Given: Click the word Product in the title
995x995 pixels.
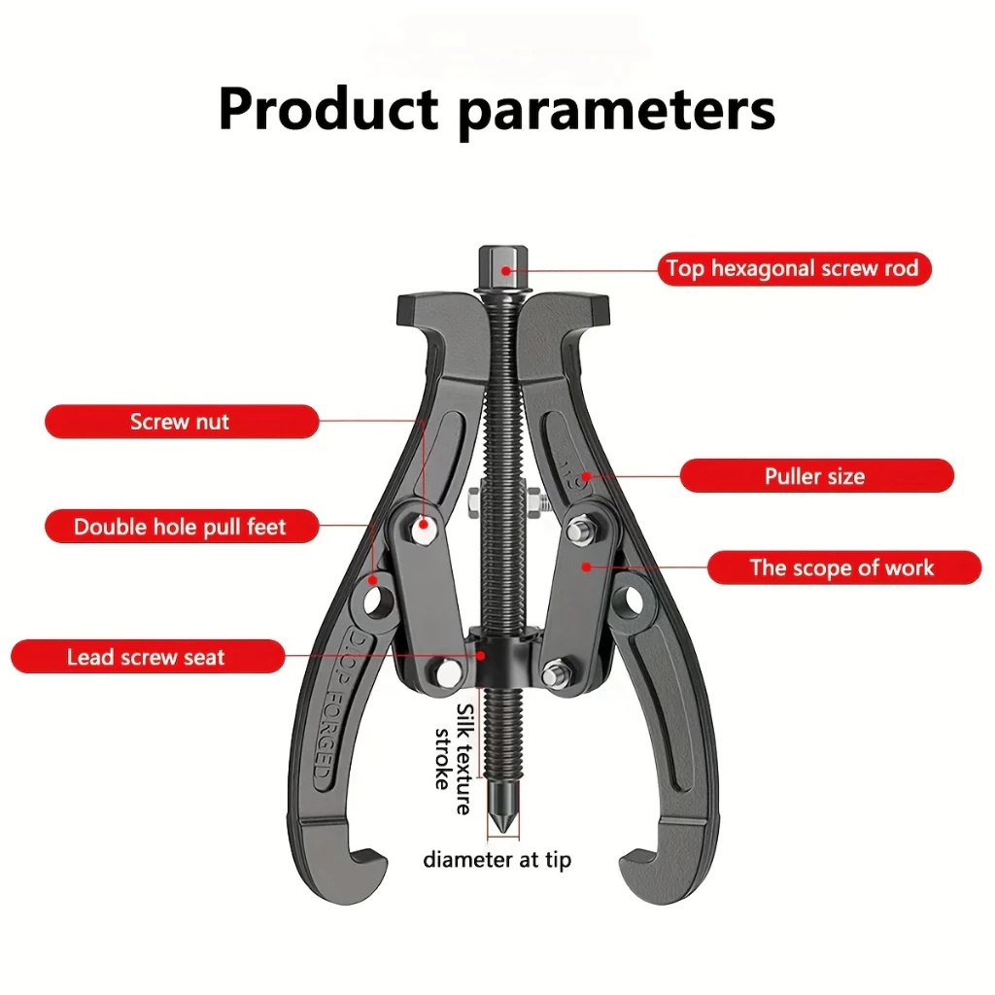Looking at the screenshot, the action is pos(328,109).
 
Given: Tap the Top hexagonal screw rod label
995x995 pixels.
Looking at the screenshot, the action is pos(792,268).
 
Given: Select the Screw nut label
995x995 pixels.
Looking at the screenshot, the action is pos(181,422).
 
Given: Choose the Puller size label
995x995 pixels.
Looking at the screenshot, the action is pos(815,476).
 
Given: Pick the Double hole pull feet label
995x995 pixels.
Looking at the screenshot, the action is pos(181,528).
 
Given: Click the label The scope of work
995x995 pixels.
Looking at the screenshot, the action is pos(841,567).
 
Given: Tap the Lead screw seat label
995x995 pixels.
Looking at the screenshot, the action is pos(147,657).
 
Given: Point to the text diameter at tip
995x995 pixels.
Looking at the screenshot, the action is pos(497,860).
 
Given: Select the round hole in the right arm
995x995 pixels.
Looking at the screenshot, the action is pos(635,597).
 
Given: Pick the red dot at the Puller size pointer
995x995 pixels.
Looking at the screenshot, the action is pos(585,477).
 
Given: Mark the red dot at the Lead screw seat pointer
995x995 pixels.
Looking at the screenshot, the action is pos(481,655).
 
